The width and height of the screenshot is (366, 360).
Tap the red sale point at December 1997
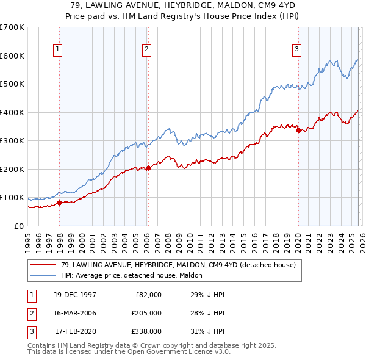coord(59,203)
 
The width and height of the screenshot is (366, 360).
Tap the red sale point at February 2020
coord(298,130)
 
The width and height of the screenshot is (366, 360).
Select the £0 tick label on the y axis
coord(19,226)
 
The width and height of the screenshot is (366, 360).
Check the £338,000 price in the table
coord(147,331)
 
